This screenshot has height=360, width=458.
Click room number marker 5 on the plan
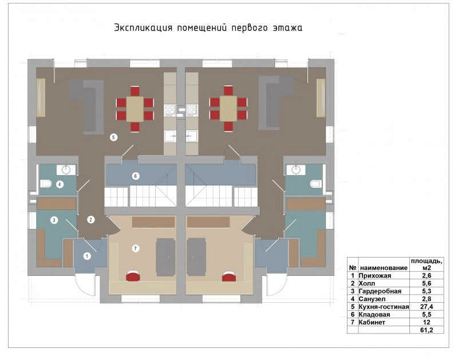(x=113, y=137)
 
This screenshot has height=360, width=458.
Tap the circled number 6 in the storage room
(x=135, y=176)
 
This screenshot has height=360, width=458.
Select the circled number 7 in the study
(x=135, y=248)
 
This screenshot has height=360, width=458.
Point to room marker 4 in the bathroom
(x=60, y=184)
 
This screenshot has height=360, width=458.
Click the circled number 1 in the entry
(x=87, y=256)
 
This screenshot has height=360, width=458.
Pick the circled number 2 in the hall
(x=90, y=220)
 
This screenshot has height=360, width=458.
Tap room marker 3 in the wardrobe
(x=54, y=220)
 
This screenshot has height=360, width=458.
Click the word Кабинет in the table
(x=372, y=322)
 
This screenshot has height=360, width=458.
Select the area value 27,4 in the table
(x=427, y=307)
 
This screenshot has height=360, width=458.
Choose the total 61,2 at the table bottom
(x=427, y=330)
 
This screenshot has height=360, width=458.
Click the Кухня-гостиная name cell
(x=384, y=307)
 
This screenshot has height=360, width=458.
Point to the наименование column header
(x=384, y=268)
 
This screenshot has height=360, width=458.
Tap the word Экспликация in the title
(x=143, y=27)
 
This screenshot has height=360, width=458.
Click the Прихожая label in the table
(x=375, y=276)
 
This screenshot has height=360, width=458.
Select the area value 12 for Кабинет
(x=427, y=322)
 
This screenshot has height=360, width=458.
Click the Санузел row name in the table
(x=372, y=299)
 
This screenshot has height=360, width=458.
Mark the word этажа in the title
(x=287, y=27)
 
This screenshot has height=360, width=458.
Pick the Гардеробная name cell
(x=380, y=291)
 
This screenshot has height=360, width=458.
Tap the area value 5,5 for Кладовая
(x=427, y=314)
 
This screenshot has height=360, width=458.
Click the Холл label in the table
(x=367, y=283)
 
